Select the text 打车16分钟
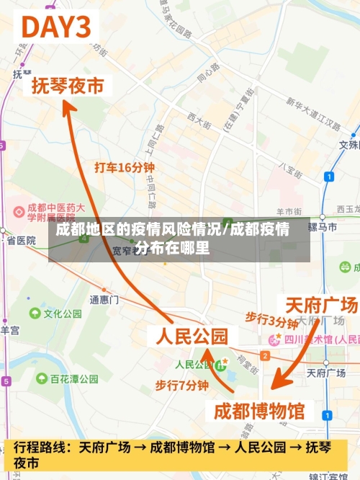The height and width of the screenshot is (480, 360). tap(125, 167)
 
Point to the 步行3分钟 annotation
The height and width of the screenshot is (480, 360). tap(271, 319)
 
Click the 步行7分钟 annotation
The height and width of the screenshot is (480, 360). tap(181, 386)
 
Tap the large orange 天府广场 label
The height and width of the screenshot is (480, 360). tap(321, 305)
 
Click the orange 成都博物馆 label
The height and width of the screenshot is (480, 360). tap(260, 411)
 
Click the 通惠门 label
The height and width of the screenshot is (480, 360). tap(104, 298)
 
